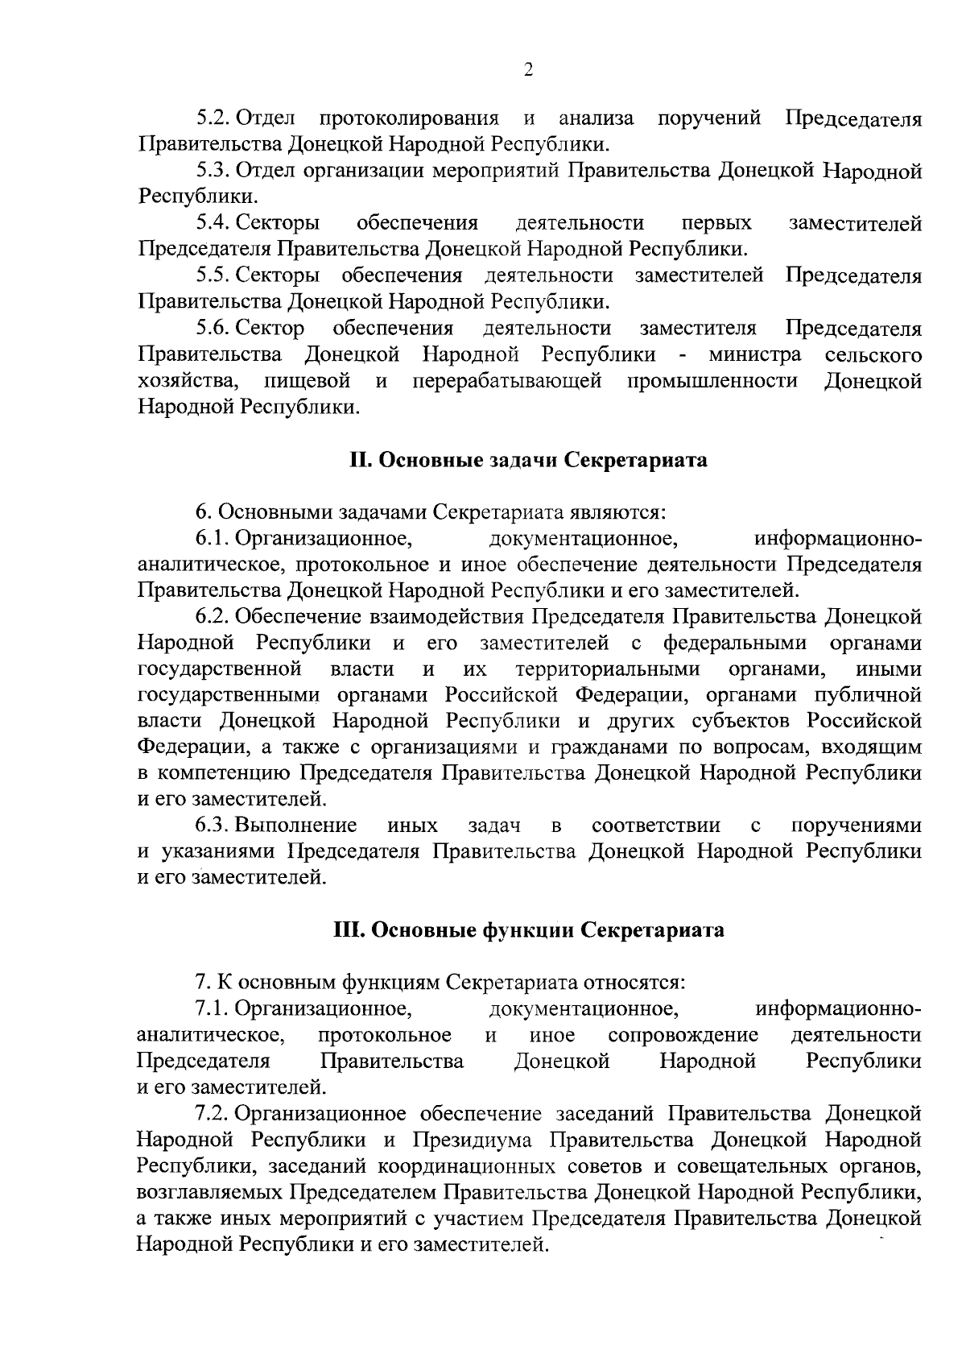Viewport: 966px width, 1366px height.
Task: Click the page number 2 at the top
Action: pos(528,70)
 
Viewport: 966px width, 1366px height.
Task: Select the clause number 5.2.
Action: pos(213,119)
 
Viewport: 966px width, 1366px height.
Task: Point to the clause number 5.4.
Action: pos(213,224)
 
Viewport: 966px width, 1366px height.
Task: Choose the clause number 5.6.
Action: pos(213,329)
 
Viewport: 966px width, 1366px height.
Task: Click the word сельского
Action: pos(873,355)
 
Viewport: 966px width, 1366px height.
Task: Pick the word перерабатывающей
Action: pos(508,381)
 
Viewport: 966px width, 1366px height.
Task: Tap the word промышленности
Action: pos(712,381)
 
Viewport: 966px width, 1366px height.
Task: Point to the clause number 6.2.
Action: pos(213,617)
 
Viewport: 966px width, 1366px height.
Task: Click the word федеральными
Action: pos(734,644)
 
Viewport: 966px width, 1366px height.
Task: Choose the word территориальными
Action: pos(608,669)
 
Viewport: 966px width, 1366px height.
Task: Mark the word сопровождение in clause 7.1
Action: pos(683,1035)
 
